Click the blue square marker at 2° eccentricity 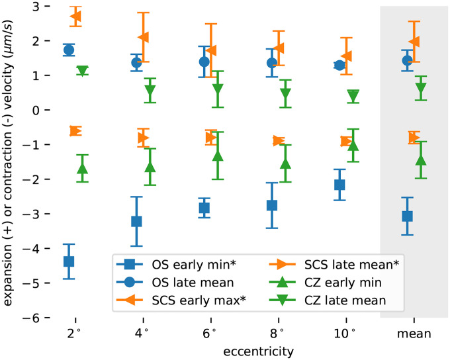click(69, 261)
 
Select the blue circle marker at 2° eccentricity click(69, 50)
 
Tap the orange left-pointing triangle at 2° click(75, 16)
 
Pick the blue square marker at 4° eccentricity click(136, 221)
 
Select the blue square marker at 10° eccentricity click(339, 185)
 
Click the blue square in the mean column click(407, 216)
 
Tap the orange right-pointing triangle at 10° click(346, 141)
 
